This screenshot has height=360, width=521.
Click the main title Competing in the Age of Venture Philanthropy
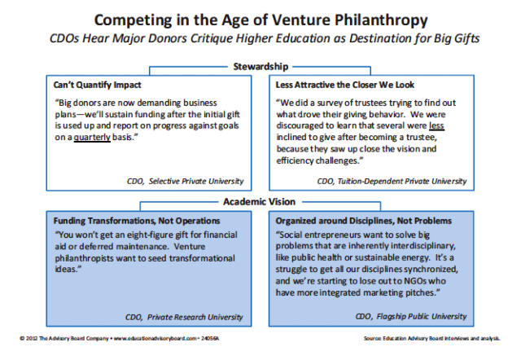click(x=260, y=20)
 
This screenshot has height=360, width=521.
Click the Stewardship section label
click(x=260, y=67)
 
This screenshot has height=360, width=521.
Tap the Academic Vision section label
click(x=259, y=202)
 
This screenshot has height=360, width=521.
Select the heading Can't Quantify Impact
click(x=98, y=85)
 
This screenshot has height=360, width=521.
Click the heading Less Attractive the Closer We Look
click(x=345, y=85)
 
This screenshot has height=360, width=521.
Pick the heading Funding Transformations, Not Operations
click(x=137, y=221)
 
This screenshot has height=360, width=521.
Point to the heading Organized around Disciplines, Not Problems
click(x=364, y=221)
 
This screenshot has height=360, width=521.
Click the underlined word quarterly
click(x=92, y=138)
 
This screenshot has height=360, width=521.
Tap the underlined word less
click(x=436, y=125)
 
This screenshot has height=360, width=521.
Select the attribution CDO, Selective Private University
click(x=185, y=181)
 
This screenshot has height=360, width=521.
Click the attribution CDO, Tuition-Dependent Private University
click(x=392, y=181)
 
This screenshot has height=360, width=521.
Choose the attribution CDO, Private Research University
click(x=184, y=317)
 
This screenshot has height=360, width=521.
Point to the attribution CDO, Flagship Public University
click(x=411, y=317)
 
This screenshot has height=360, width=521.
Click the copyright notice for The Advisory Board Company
click(x=120, y=338)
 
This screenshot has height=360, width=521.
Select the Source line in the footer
click(x=431, y=338)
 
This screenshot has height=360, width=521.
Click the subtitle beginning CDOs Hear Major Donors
click(x=265, y=38)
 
